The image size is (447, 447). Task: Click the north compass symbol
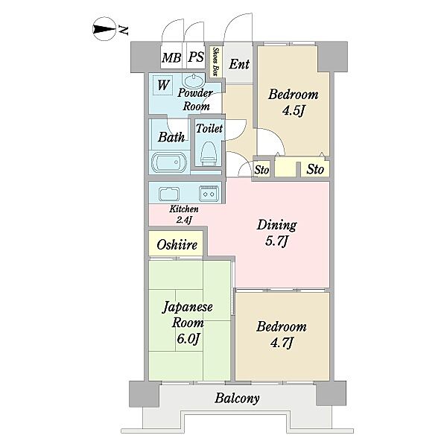click(104, 29)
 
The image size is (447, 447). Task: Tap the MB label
click(171, 58)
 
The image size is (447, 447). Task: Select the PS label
click(196, 57)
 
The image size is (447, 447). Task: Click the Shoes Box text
click(216, 62)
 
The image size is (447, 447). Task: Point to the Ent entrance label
click(239, 64)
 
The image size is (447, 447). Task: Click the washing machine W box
click(162, 85)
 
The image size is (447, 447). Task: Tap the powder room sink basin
click(194, 81)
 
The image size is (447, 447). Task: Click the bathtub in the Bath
click(169, 163)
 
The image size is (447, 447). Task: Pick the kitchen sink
click(169, 194)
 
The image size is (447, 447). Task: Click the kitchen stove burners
click(209, 194)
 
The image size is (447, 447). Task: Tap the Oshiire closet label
click(177, 244)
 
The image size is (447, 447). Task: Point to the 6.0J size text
click(187, 339)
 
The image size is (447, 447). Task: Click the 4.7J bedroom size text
click(281, 343)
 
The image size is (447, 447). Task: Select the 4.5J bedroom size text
click(294, 110)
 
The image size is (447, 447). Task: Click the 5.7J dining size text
click(276, 241)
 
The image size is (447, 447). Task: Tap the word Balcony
click(237, 399)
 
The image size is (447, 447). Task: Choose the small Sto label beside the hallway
click(261, 170)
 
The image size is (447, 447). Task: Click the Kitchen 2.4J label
click(184, 214)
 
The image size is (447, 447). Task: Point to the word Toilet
click(209, 128)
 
